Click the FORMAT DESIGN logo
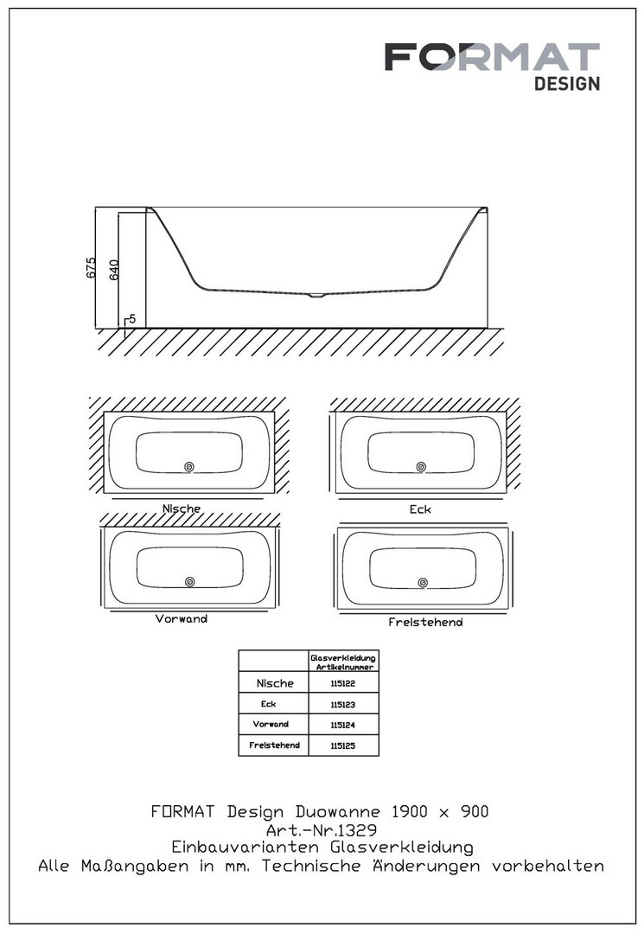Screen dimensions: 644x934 [x=492, y=66]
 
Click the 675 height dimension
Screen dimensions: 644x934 [x=90, y=267]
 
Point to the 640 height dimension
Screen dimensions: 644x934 [x=114, y=270]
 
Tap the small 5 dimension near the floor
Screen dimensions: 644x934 [x=132, y=319]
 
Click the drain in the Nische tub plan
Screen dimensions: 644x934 [x=189, y=467]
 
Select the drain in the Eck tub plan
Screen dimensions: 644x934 [x=421, y=467]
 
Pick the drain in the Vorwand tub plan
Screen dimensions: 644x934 [x=190, y=581]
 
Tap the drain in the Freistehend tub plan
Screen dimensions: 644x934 [x=423, y=583]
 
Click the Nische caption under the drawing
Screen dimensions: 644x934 [x=182, y=509]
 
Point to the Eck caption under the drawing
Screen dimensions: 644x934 [x=420, y=509]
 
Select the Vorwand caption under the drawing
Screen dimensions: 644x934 [x=182, y=619]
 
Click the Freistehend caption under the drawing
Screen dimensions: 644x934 [x=425, y=623]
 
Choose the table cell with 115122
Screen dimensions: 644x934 [x=343, y=683]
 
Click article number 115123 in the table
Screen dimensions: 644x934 [x=343, y=705]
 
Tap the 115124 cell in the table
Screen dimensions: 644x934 [x=343, y=725]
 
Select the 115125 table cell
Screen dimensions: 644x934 [x=343, y=745]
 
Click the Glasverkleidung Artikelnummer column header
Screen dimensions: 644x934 [x=343, y=662]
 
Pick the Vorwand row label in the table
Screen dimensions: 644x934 [x=271, y=725]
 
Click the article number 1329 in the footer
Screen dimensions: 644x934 [x=360, y=829]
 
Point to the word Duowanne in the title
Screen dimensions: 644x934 [x=337, y=812]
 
